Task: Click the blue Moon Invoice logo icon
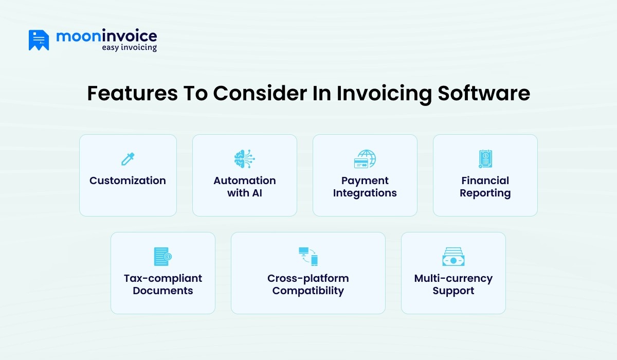[x=39, y=40]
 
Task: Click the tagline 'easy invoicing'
[x=129, y=48]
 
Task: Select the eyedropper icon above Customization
[x=128, y=159]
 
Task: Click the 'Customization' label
[x=128, y=181]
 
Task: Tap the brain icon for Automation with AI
[x=244, y=159]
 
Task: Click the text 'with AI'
[x=245, y=193]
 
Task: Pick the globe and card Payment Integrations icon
[x=365, y=159]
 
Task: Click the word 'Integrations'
[x=365, y=193]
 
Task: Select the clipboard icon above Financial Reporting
[x=485, y=159]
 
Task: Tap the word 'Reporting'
[x=485, y=193]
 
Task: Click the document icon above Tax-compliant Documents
[x=162, y=256]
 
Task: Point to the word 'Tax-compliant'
[x=163, y=278]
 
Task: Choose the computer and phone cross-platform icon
[x=308, y=256]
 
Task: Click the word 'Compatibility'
[x=308, y=291]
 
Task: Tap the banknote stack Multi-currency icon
[x=453, y=256]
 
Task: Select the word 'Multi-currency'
[x=453, y=278]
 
